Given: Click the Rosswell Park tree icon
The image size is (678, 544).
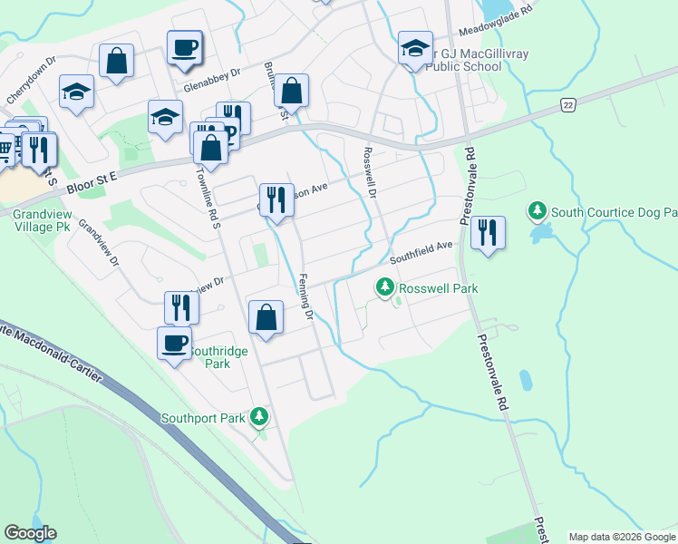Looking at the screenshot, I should click(385, 288).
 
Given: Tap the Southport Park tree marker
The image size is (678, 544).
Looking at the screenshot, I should click(260, 417).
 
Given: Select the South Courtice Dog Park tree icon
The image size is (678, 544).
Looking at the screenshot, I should click(538, 212).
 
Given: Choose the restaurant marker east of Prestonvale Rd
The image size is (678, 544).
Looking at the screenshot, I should click(488, 233).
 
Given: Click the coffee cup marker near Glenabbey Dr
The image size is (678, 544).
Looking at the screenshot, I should click(184, 47).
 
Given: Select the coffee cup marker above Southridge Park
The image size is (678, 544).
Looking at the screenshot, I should click(175, 343).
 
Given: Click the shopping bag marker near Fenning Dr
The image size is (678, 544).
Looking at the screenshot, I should click(266, 317).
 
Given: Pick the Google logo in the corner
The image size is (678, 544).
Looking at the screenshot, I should click(30, 533).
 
